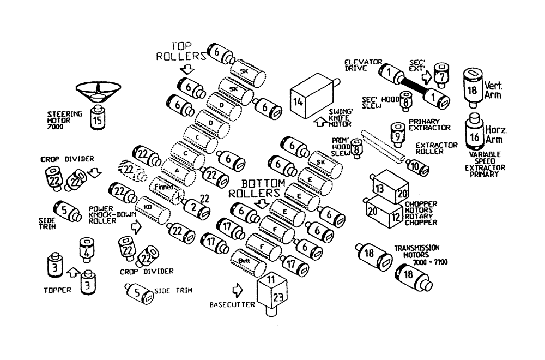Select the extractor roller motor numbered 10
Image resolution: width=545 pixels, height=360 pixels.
(416, 166)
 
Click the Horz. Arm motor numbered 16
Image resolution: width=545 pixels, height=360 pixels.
(475, 136)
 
